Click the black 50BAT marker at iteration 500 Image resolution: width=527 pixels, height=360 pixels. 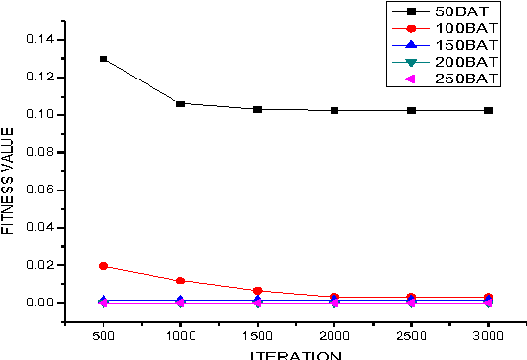click(103, 58)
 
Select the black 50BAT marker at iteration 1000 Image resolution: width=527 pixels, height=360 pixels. click(180, 103)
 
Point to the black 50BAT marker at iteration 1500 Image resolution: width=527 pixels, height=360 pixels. click(257, 109)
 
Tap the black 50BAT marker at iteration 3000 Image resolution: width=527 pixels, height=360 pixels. click(489, 110)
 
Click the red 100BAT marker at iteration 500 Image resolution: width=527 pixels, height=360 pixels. click(103, 266)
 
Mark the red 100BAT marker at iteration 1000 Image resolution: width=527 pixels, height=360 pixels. click(180, 281)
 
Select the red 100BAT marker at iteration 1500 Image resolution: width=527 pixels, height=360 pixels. click(257, 291)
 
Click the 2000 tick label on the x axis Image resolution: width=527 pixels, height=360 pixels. click(334, 339)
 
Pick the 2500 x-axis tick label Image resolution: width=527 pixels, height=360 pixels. click(411, 339)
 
